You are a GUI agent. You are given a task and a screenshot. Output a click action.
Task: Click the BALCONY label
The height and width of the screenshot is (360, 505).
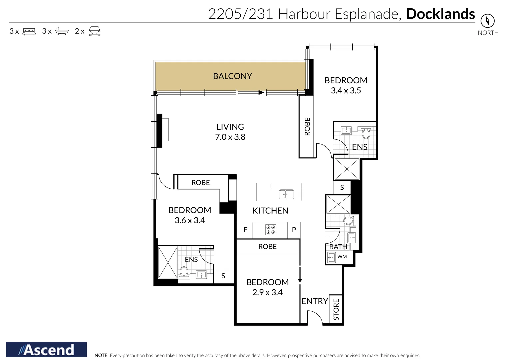pyautogui.click(x=232, y=76)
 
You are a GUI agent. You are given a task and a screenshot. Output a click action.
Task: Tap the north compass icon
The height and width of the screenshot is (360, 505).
pyautogui.click(x=487, y=21)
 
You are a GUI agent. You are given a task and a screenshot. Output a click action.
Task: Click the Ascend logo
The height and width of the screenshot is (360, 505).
pyautogui.click(x=46, y=350)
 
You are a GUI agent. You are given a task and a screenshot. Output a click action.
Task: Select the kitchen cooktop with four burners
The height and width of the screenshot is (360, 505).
pyautogui.click(x=270, y=230)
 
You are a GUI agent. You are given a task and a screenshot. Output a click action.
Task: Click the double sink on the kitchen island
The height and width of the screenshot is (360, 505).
pyautogui.click(x=286, y=194)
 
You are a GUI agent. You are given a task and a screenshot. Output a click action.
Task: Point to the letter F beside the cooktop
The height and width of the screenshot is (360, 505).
pyautogui.click(x=245, y=230)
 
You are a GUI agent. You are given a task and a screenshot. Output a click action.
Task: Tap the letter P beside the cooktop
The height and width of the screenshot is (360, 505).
pyautogui.click(x=294, y=230)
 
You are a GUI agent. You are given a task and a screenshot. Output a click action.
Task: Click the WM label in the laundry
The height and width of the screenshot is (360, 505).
pyautogui.click(x=342, y=257)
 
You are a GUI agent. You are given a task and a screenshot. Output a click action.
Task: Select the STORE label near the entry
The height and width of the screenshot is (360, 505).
pyautogui.click(x=336, y=309)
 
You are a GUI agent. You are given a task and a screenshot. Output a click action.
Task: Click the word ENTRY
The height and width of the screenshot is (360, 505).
pyautogui.click(x=315, y=301)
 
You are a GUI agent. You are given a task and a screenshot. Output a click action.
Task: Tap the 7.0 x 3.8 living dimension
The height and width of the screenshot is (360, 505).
pyautogui.click(x=230, y=137)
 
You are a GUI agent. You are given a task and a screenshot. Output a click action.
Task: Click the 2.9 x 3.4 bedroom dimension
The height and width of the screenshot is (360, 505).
pyautogui.click(x=267, y=292)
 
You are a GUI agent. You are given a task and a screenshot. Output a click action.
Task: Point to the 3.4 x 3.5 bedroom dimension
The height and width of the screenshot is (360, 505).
pyautogui.click(x=346, y=91)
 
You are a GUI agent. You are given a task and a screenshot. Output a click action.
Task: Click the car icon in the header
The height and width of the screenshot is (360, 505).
pyautogui.click(x=94, y=31)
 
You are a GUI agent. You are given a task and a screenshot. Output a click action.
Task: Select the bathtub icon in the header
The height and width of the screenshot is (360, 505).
pyautogui.click(x=62, y=31)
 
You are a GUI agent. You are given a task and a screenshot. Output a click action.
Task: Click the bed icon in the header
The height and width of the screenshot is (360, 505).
pyautogui.click(x=29, y=32)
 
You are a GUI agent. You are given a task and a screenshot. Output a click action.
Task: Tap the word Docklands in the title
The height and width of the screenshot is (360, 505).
pyautogui.click(x=440, y=14)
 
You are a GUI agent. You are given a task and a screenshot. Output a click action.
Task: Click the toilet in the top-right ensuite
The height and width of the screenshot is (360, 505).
pyautogui.click(x=366, y=133)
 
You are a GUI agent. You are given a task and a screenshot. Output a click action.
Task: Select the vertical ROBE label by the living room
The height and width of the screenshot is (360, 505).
pyautogui.click(x=307, y=127)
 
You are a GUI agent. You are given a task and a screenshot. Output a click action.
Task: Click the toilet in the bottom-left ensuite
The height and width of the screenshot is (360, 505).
pyautogui.click(x=184, y=272)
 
